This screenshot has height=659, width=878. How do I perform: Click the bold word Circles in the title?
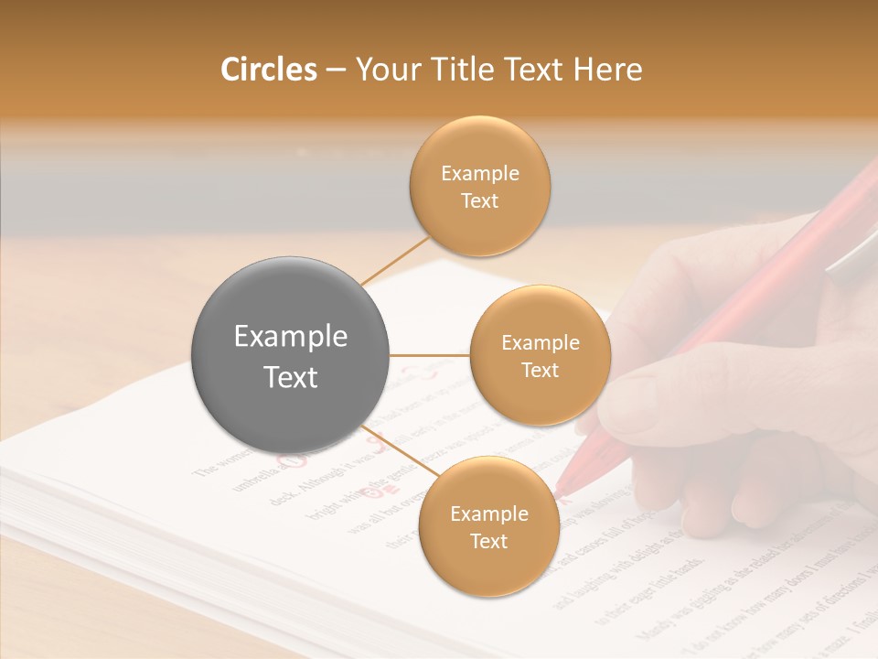coord(269,70)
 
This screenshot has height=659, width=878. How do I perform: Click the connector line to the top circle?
coord(395,259)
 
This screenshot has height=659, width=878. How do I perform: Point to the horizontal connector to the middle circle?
coord(430,355)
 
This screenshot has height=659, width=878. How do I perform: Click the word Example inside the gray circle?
coord(291,337)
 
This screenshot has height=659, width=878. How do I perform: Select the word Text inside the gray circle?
coord(291,377)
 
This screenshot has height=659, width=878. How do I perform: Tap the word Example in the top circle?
coord(479,174)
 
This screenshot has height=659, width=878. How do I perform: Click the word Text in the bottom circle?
coord(488,541)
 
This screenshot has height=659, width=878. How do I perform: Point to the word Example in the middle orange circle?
coord(540,343)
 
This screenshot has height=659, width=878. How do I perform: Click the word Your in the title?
coord(385,70)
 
